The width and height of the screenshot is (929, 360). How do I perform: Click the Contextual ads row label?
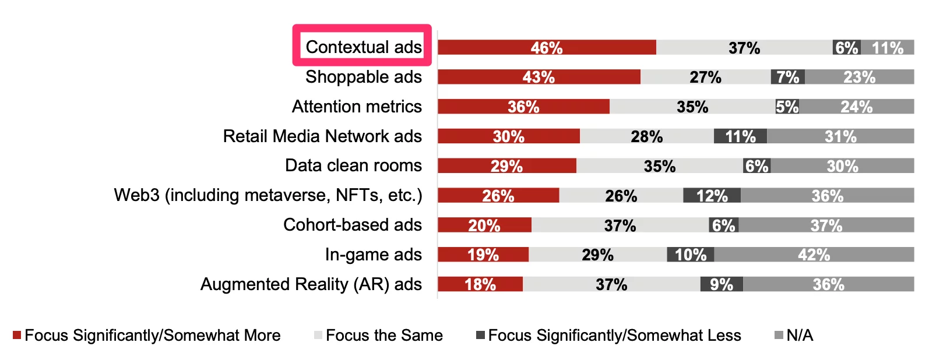click(x=364, y=47)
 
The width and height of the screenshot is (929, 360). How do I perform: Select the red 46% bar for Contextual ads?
click(x=547, y=48)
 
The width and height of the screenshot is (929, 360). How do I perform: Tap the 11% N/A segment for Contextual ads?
click(x=888, y=48)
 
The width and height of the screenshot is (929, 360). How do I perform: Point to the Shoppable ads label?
click(x=364, y=77)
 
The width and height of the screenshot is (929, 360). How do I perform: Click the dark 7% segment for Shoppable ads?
click(x=788, y=77)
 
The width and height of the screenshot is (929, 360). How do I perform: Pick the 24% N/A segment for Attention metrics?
click(x=856, y=107)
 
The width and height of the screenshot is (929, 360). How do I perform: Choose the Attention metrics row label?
click(x=357, y=107)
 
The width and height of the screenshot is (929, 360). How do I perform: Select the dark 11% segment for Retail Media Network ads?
click(x=740, y=136)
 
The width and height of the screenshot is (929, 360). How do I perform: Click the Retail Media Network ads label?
click(x=322, y=136)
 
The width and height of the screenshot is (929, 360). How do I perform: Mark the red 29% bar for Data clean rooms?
click(x=506, y=166)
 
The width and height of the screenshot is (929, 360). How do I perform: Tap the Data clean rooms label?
click(x=353, y=165)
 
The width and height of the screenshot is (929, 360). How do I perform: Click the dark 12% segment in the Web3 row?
click(x=712, y=196)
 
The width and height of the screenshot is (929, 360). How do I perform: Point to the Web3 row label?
click(x=268, y=195)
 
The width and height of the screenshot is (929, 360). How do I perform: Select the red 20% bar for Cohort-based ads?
click(x=484, y=225)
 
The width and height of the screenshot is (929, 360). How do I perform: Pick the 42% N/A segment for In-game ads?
click(x=814, y=255)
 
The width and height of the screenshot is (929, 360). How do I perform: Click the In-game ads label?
click(x=374, y=255)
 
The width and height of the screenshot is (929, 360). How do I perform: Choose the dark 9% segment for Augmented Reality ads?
click(x=722, y=284)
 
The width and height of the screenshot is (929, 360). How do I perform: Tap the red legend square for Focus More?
click(x=17, y=335)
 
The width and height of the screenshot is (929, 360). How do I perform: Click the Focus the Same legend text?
click(x=384, y=336)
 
